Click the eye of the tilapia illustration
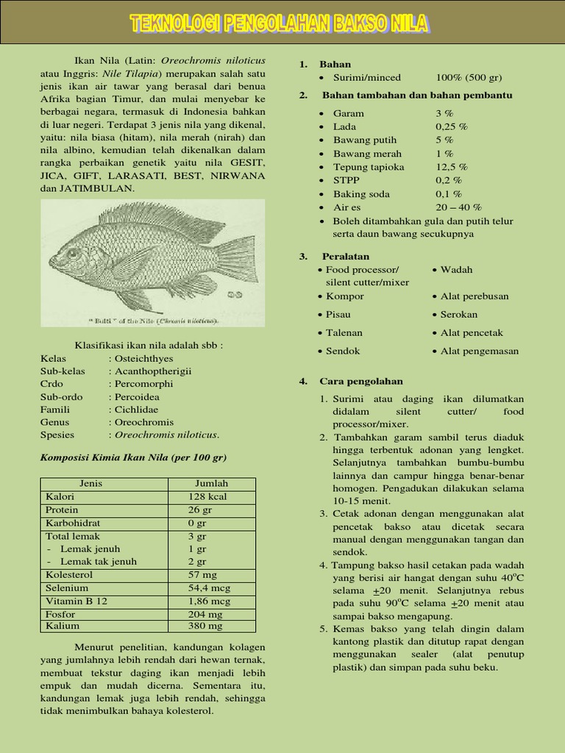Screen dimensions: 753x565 73,253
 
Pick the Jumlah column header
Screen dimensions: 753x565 211,483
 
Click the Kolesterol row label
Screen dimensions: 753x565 68,574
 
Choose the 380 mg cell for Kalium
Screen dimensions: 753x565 205,626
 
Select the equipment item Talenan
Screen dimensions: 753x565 345,332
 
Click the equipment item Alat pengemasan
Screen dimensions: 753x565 479,351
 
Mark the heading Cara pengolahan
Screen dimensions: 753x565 361,381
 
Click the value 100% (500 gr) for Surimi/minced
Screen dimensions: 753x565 469,77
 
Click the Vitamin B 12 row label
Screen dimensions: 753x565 77,601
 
